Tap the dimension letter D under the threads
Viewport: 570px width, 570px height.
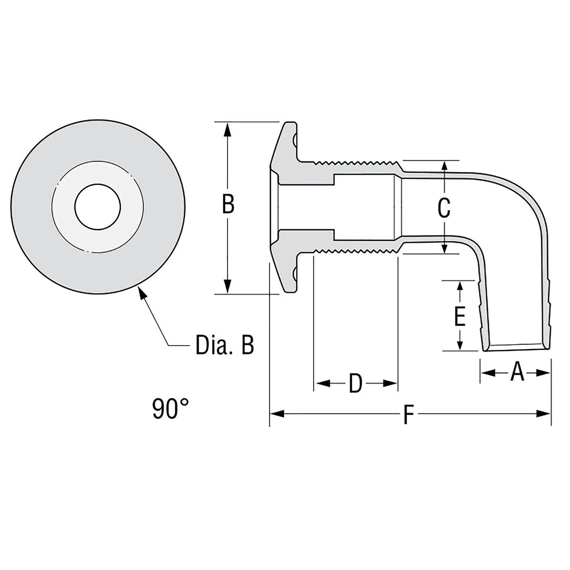pos(355,383)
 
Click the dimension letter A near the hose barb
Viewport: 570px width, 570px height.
pos(517,373)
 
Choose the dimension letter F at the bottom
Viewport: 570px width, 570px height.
pos(408,414)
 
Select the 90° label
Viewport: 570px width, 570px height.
pos(170,409)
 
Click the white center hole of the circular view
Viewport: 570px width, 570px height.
pos(97,207)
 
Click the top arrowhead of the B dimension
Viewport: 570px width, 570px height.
pos(228,129)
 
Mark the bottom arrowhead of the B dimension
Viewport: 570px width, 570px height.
pos(228,287)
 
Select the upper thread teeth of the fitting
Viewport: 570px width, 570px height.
pos(355,162)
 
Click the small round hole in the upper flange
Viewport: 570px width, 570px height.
pos(294,141)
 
